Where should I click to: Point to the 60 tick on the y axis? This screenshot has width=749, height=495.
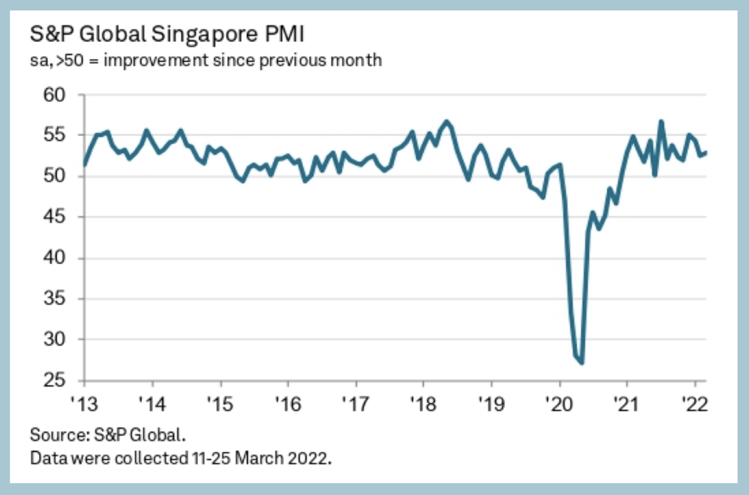tap(54, 95)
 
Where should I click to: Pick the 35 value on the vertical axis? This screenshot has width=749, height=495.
tap(54, 298)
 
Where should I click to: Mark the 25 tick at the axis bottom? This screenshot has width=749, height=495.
tap(54, 380)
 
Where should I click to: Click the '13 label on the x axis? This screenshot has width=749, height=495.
tap(84, 404)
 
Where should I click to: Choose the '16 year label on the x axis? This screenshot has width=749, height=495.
tap(288, 404)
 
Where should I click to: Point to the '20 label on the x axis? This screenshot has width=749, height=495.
tap(559, 404)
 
